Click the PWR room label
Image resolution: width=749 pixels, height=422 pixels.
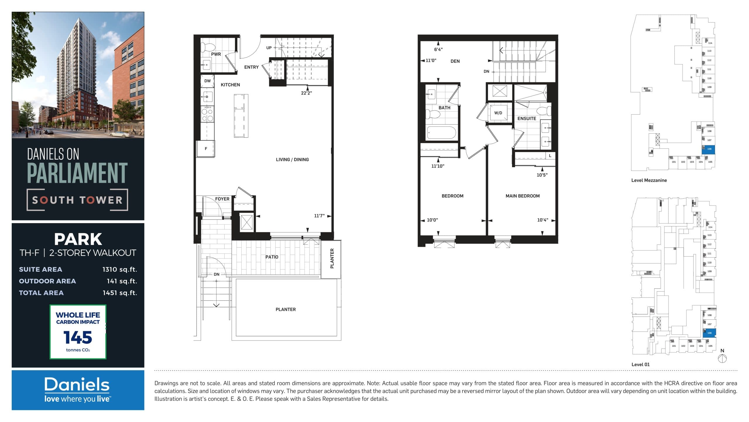click(216, 54)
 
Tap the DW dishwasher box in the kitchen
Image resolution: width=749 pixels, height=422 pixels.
click(207, 81)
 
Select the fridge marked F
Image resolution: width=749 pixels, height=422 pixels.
click(206, 149)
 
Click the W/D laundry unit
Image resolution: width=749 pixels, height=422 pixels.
click(498, 113)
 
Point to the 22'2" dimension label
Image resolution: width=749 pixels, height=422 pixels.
click(306, 93)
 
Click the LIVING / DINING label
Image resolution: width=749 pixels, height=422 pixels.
click(292, 160)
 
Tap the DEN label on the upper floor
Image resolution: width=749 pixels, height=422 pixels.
click(455, 61)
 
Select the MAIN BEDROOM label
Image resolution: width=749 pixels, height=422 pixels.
click(523, 196)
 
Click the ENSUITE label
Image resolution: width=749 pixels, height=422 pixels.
click(527, 119)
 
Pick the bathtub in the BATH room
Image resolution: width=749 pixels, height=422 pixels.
click(442, 133)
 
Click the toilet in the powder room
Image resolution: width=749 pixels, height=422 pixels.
click(209, 47)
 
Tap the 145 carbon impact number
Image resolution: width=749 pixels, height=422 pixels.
click(78, 338)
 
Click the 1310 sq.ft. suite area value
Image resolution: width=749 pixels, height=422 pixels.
click(119, 269)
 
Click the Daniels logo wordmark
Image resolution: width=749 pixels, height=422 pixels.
click(77, 385)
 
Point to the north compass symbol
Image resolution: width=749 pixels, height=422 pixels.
click(722, 358)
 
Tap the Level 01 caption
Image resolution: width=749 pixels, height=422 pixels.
click(640, 365)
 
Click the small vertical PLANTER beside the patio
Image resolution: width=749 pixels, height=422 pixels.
click(332, 259)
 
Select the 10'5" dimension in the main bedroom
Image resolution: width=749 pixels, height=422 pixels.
click(542, 175)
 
